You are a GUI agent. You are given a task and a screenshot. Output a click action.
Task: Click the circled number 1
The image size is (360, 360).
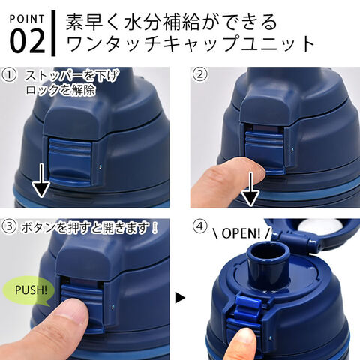click(x=10, y=75)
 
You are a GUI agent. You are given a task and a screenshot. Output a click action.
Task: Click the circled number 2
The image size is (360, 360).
click(x=199, y=75)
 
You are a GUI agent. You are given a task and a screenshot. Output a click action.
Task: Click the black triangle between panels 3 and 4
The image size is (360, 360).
click(x=180, y=298)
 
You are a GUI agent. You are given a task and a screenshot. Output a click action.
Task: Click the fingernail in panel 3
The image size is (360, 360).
click(x=76, y=309)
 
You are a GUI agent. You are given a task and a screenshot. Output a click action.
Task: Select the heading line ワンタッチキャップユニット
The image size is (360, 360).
click(x=191, y=44)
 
